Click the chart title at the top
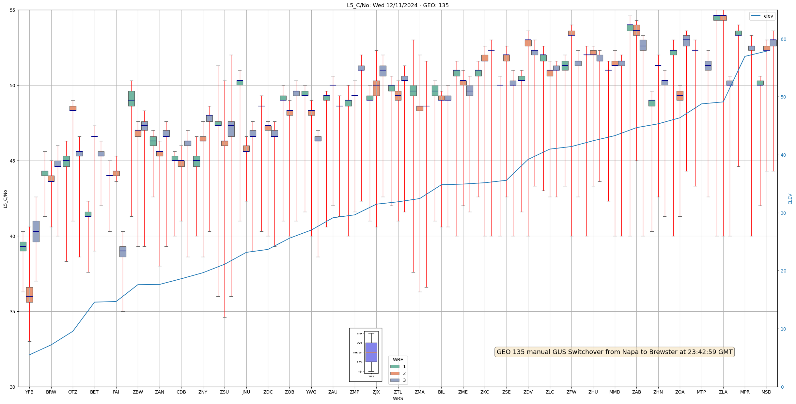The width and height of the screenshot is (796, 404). (398, 5)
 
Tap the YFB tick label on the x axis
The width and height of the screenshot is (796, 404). (29, 392)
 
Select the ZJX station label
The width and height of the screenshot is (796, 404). (376, 392)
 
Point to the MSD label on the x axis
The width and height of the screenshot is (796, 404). (766, 392)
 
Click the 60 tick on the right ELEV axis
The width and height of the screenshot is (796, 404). (783, 39)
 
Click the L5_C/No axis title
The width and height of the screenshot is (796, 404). (5, 199)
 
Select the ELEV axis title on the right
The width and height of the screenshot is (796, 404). (790, 199)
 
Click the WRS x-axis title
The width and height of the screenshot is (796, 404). (398, 398)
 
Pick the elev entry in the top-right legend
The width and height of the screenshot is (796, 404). (762, 16)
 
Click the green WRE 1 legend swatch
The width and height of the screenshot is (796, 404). (395, 366)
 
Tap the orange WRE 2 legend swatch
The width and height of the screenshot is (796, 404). (395, 373)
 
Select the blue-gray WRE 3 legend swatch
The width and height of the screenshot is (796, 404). (395, 380)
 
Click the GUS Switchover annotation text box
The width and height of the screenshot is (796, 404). (614, 352)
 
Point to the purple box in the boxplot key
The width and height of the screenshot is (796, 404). (371, 352)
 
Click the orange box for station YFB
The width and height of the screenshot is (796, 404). (29, 295)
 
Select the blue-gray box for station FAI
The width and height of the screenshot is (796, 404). (123, 252)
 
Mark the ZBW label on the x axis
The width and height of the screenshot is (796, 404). (138, 392)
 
